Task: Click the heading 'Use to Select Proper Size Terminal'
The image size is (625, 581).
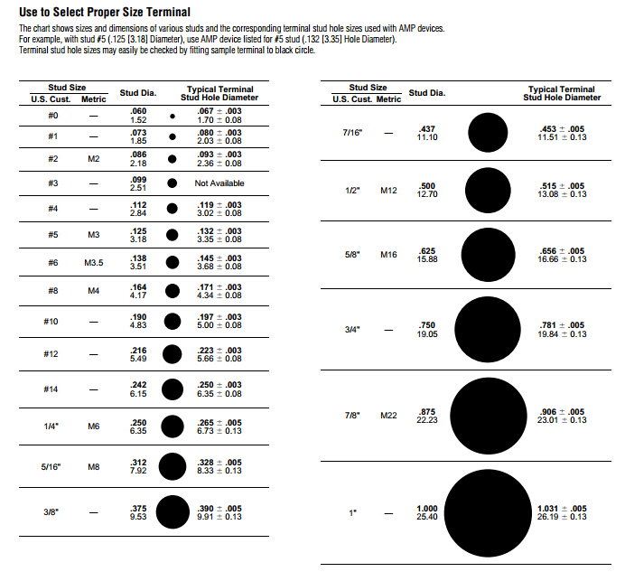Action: click(105, 13)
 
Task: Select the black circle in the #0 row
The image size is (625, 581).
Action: click(172, 117)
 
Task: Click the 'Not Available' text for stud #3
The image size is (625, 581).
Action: click(219, 183)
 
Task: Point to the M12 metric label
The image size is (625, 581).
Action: click(388, 191)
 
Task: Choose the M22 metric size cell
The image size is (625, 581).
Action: click(388, 416)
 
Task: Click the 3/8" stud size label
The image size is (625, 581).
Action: click(51, 512)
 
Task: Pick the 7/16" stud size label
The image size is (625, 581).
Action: click(352, 133)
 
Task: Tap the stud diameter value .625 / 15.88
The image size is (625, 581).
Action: click(427, 256)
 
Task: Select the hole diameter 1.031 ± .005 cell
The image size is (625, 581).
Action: click(562, 512)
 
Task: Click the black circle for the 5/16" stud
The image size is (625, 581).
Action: click(172, 466)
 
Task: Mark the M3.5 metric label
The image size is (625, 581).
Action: click(94, 263)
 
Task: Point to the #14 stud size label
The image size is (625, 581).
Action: click(51, 389)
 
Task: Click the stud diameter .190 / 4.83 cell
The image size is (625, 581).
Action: click(138, 322)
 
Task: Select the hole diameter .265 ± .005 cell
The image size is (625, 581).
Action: click(219, 426)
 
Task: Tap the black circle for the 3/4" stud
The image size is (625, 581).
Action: click(489, 329)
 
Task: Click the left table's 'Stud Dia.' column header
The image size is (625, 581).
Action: click(138, 93)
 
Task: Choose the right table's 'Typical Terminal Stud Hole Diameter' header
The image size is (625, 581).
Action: click(562, 93)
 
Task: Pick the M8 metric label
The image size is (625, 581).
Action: click(94, 466)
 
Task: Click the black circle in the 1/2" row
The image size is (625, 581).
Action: click(489, 191)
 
